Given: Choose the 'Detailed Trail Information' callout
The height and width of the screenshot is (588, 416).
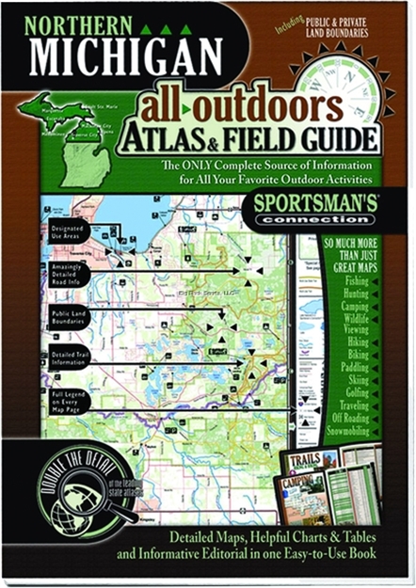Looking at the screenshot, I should tap(67, 358).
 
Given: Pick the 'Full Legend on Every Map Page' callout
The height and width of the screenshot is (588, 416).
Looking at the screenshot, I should tap(66, 398).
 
